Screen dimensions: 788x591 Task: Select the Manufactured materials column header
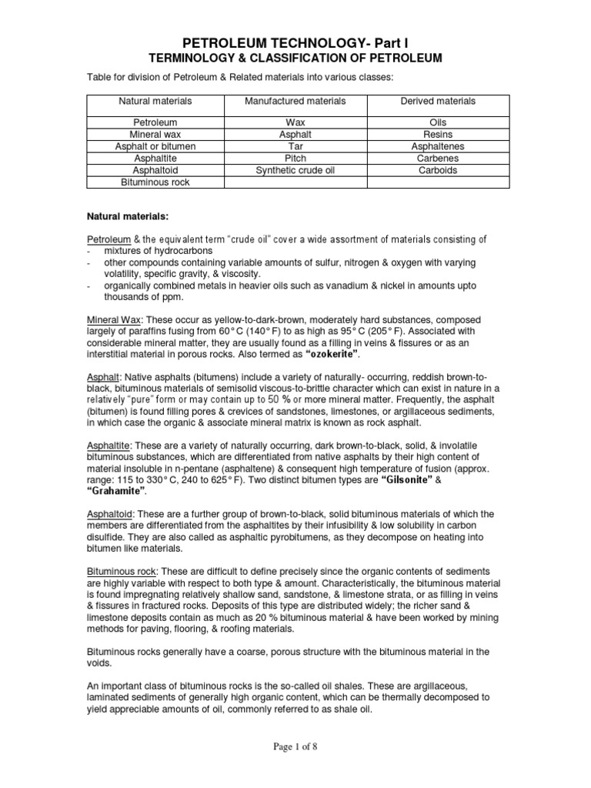coord(295,101)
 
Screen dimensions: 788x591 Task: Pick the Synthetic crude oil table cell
coord(295,170)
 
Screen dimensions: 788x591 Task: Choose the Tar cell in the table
coord(295,146)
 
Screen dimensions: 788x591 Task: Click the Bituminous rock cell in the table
coord(155,182)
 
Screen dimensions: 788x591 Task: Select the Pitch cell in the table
coord(295,158)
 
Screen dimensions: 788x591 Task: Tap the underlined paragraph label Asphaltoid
coord(109,513)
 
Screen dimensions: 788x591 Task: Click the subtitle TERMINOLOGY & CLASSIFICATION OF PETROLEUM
coord(295,58)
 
